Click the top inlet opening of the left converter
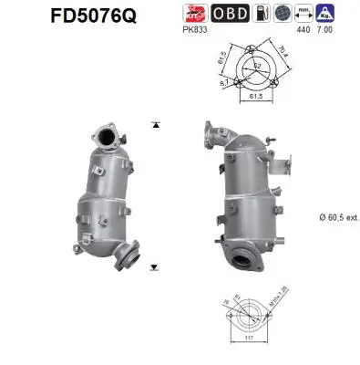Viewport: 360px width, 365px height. tap(107, 139)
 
